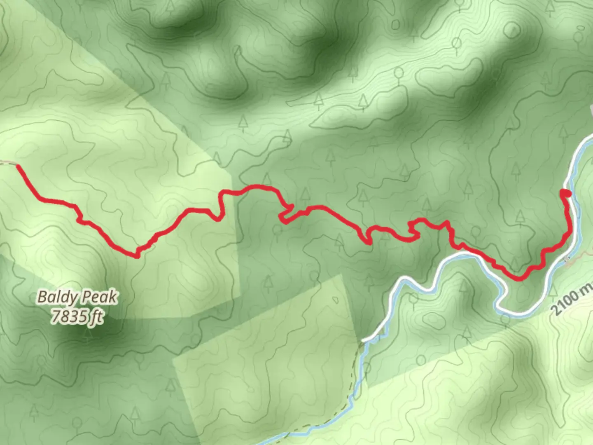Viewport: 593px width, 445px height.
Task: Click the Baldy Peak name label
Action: [77, 297]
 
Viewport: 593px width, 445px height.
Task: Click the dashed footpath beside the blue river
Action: [353, 391]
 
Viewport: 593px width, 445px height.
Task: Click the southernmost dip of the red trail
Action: [520, 279]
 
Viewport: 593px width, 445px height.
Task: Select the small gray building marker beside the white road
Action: [567, 259]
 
